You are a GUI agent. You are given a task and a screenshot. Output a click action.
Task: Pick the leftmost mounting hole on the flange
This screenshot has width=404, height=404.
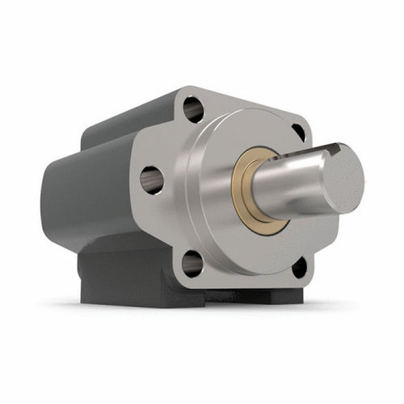click(x=151, y=179)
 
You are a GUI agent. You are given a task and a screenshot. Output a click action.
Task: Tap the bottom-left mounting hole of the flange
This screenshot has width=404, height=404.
click(x=192, y=263)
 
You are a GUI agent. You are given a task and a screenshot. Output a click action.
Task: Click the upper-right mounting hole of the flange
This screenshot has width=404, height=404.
click(x=298, y=132)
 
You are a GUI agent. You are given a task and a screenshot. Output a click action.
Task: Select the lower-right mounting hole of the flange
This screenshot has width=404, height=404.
click(x=299, y=267)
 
